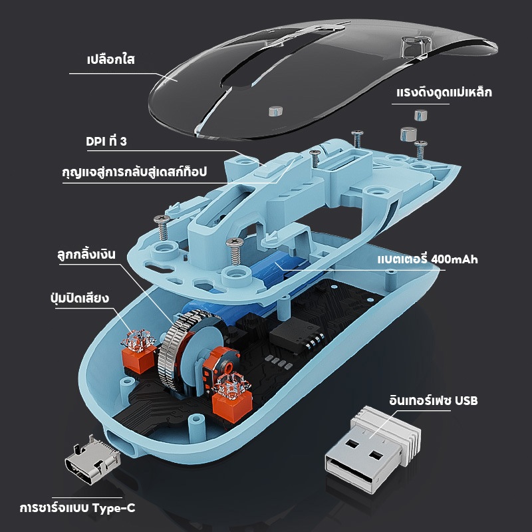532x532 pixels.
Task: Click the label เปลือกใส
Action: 111,59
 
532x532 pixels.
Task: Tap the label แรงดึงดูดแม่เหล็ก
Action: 444,91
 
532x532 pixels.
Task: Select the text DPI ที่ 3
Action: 106,141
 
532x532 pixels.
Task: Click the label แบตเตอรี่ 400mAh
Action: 428,259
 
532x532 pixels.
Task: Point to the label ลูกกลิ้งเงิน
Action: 86,253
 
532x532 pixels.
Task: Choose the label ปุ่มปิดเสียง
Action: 80,297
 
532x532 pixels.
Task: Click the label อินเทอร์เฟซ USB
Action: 434,400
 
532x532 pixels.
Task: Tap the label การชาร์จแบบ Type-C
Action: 77,508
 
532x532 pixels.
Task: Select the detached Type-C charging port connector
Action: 92,460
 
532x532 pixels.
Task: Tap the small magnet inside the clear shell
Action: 275,110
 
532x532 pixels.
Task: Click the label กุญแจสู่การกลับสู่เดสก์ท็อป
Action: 134,171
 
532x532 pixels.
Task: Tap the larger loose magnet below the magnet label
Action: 408,134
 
